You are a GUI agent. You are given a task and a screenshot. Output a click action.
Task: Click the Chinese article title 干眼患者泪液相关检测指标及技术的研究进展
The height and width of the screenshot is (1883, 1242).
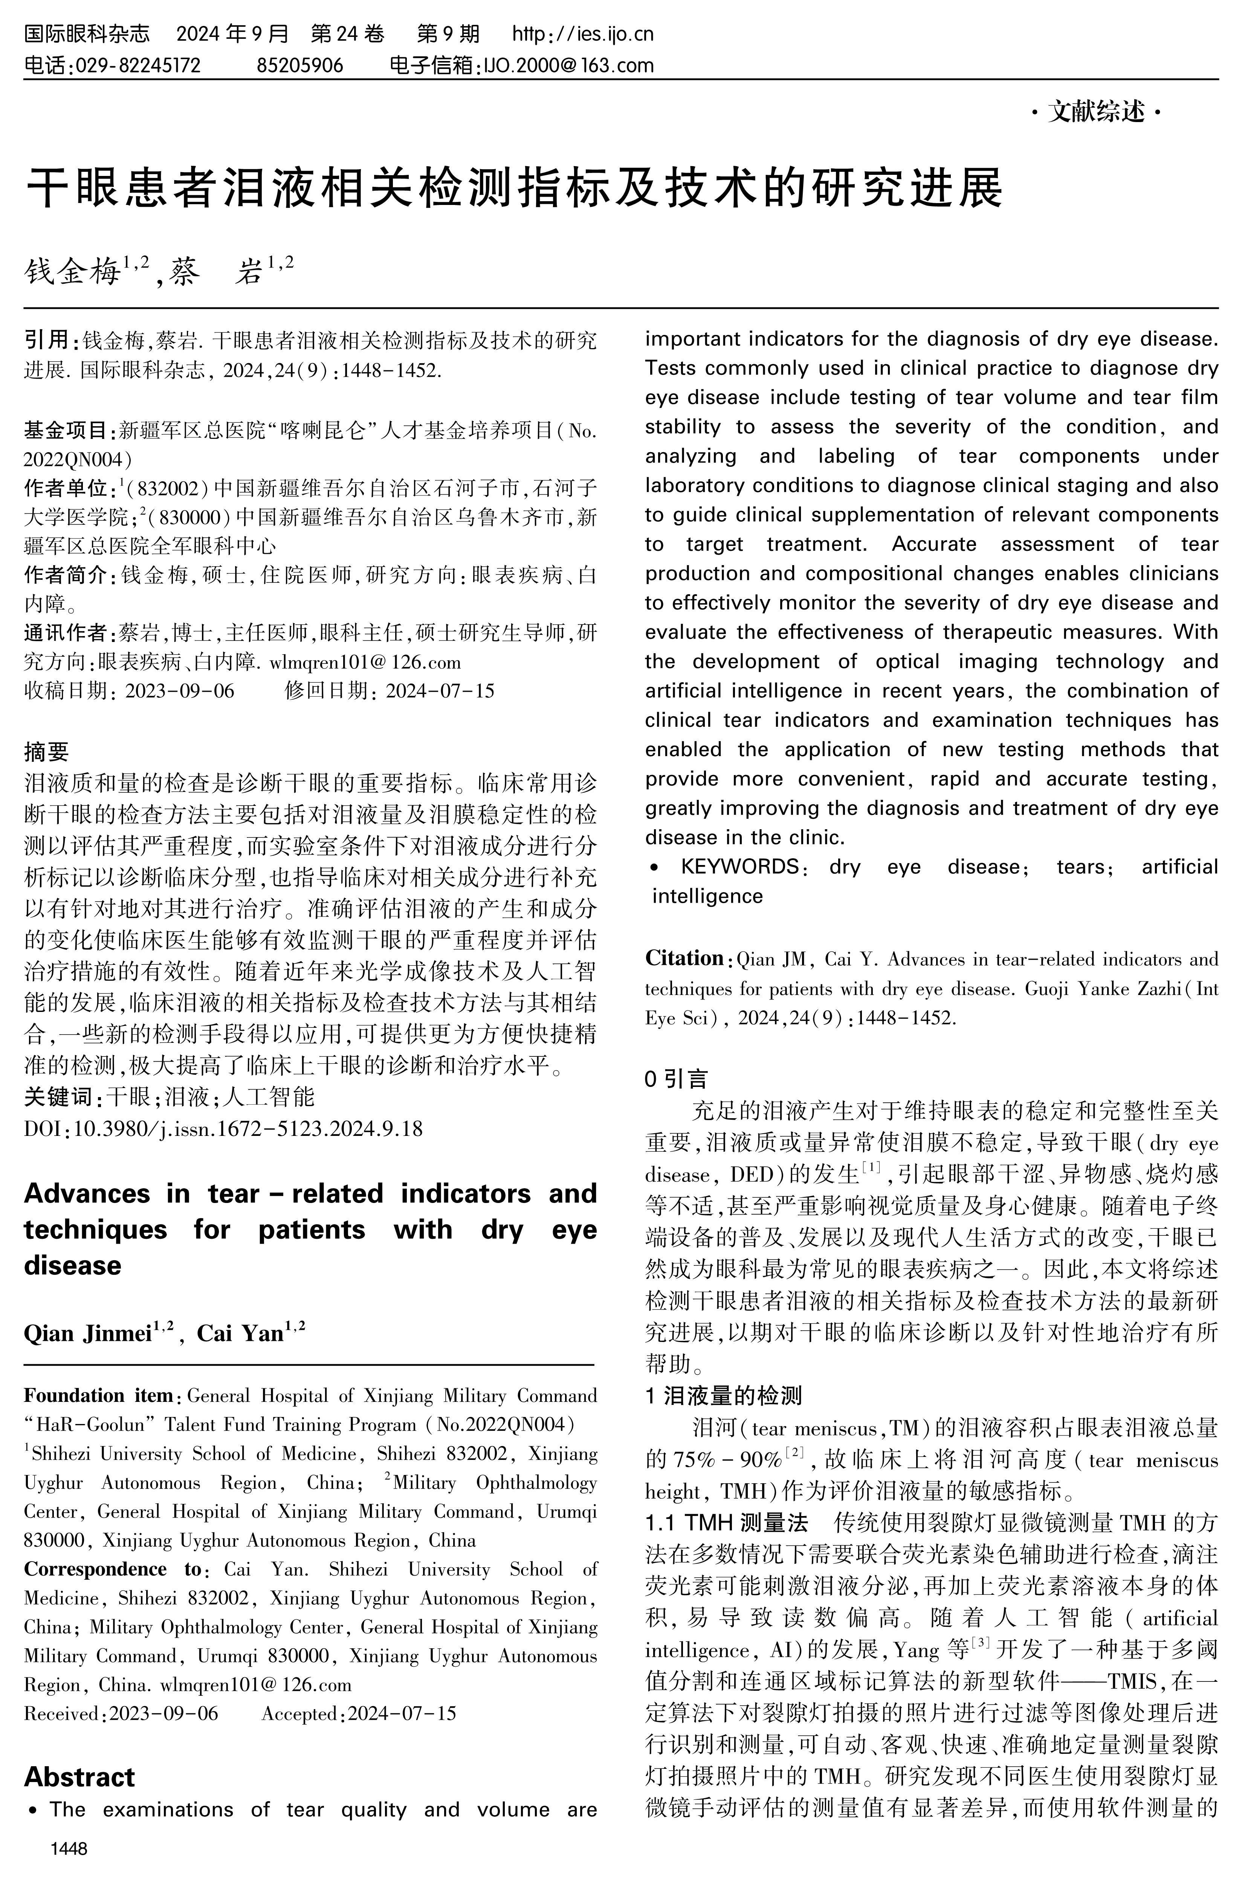tap(515, 188)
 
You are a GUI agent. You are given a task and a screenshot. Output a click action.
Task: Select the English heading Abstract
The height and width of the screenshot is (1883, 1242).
tap(79, 1777)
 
